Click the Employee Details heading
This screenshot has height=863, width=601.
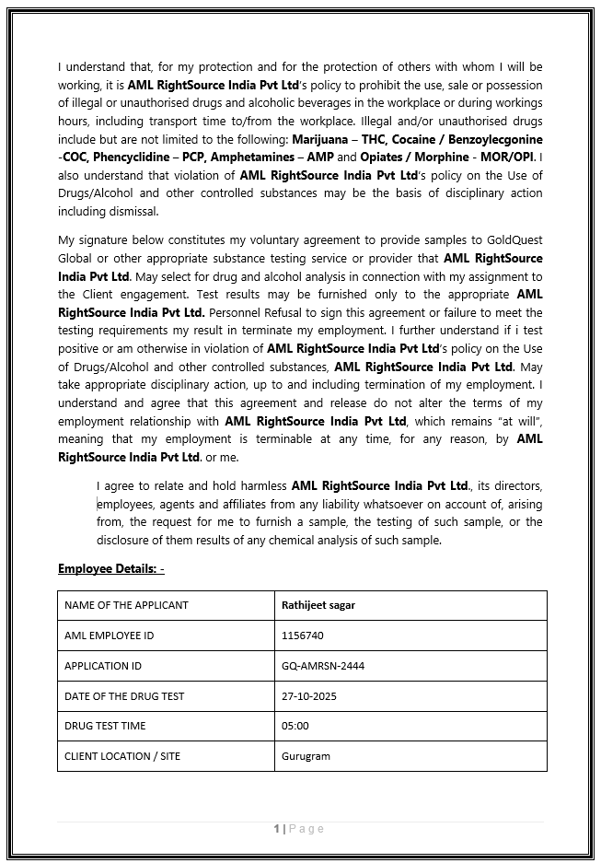click(x=110, y=568)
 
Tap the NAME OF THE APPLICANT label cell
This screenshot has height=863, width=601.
click(x=126, y=605)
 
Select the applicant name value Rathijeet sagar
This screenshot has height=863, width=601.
click(x=318, y=605)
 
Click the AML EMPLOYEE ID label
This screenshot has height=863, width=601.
click(x=109, y=636)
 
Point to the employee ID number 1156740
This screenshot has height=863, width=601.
click(x=302, y=636)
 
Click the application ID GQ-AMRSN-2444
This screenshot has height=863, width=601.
click(x=322, y=666)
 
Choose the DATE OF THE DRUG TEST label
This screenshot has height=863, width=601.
click(x=124, y=696)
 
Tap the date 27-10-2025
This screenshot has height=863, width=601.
click(x=308, y=696)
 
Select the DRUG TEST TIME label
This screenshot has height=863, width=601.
click(x=105, y=726)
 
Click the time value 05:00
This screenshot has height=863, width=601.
click(x=295, y=726)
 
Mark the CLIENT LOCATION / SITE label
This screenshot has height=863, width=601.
click(x=122, y=756)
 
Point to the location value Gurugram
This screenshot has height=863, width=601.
click(x=306, y=756)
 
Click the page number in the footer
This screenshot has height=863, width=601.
click(x=276, y=829)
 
